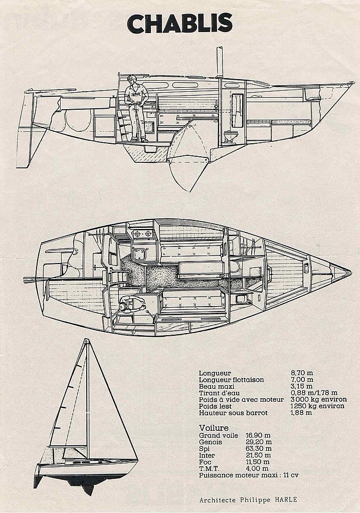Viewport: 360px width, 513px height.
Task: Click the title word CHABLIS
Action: [x=180, y=24]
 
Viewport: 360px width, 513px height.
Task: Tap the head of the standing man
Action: [x=132, y=80]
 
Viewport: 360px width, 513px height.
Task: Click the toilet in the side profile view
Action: [x=228, y=136]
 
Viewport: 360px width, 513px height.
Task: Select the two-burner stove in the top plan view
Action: [x=143, y=234]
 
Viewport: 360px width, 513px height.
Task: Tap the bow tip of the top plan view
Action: [x=351, y=272]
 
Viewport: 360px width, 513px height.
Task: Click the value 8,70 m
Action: [x=302, y=373]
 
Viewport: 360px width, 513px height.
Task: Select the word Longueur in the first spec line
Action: [x=215, y=373]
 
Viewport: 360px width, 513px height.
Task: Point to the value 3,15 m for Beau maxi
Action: [x=301, y=386]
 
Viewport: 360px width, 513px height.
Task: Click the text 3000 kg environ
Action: [x=318, y=399]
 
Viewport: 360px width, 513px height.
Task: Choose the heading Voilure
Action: [x=214, y=428]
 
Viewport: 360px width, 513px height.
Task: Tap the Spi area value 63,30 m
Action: [x=258, y=448]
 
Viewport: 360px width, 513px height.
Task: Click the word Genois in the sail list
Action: [x=210, y=442]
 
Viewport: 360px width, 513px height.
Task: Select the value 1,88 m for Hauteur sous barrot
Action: [x=301, y=413]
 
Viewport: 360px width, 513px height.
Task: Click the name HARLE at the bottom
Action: [x=286, y=499]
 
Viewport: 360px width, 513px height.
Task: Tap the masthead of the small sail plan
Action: [x=86, y=340]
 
